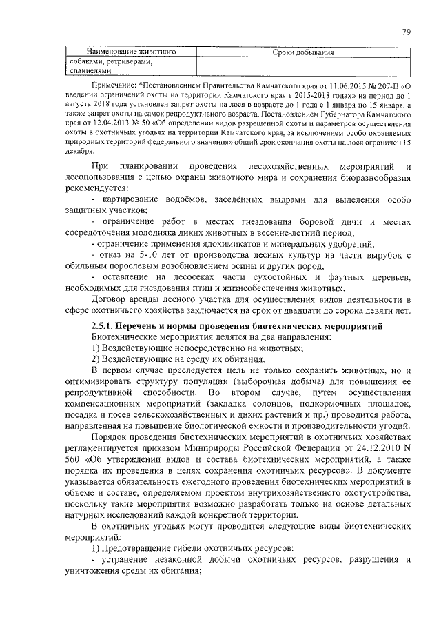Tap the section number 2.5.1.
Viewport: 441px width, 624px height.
pyautogui.click(x=103, y=325)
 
